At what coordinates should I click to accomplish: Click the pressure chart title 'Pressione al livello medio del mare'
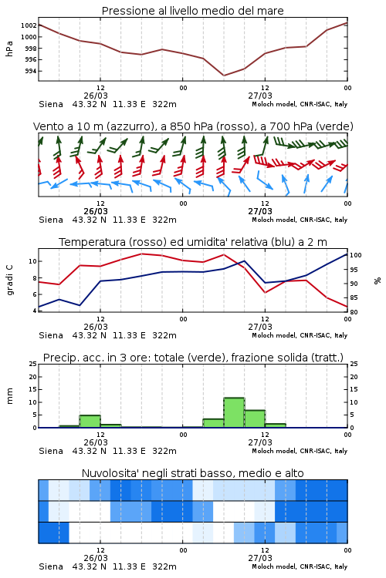(192, 11)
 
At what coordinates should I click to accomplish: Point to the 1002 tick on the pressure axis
(29, 25)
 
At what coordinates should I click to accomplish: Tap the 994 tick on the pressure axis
(31, 71)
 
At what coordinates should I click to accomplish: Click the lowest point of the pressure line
(223, 76)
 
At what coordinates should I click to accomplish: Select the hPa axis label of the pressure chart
(9, 49)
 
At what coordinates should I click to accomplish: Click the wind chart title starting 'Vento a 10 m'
(193, 126)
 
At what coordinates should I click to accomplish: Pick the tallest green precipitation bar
(234, 412)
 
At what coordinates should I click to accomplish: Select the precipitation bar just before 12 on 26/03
(90, 422)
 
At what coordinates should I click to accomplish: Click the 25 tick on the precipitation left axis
(33, 364)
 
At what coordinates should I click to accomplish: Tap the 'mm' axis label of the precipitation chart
(9, 396)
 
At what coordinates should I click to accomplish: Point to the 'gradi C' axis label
(9, 280)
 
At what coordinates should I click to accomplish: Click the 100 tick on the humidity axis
(356, 255)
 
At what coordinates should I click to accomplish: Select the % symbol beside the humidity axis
(378, 281)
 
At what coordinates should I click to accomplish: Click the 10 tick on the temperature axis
(33, 261)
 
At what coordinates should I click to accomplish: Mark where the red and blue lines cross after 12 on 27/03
(286, 281)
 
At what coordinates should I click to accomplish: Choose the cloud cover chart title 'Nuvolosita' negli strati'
(192, 473)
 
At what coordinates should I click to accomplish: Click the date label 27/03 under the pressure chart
(260, 96)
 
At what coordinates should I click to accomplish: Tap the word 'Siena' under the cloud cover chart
(51, 566)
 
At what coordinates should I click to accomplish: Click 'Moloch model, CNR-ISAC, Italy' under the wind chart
(300, 220)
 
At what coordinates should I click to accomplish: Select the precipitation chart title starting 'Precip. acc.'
(193, 358)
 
